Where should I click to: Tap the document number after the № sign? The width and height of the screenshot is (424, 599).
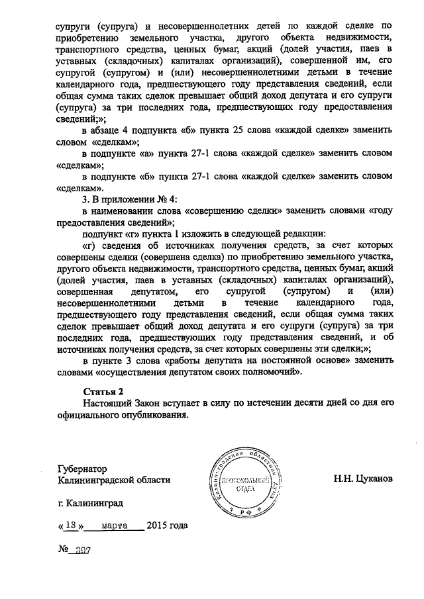[83, 549]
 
